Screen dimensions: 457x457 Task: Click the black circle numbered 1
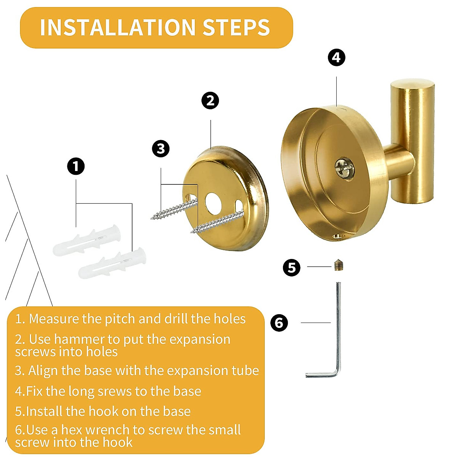[76, 166]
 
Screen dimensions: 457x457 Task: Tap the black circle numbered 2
[210, 101]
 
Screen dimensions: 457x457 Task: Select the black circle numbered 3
[161, 149]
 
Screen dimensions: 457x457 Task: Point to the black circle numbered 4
[337, 58]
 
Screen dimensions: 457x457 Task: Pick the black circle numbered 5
[292, 268]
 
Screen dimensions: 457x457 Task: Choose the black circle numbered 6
[279, 323]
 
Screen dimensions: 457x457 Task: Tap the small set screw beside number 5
[338, 265]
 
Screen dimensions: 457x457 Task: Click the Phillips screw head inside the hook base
[344, 168]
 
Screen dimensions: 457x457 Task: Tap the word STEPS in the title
[236, 27]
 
